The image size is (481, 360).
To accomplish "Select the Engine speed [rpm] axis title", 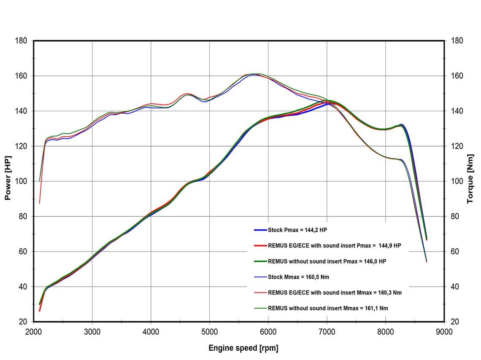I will pos(243,348).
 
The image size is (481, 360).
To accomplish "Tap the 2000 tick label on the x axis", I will pos(34,332).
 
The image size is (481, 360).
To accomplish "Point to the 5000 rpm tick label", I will pos(210,332).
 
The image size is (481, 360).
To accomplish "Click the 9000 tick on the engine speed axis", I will pos(444,332).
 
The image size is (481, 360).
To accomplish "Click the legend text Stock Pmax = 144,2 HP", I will pos(299,230).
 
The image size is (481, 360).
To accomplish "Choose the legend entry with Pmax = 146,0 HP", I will pos(327,261).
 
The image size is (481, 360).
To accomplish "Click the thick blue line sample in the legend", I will pos(260,230).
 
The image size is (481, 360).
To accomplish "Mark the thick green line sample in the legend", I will pos(260,261).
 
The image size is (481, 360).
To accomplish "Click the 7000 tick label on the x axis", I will pos(327,332).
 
